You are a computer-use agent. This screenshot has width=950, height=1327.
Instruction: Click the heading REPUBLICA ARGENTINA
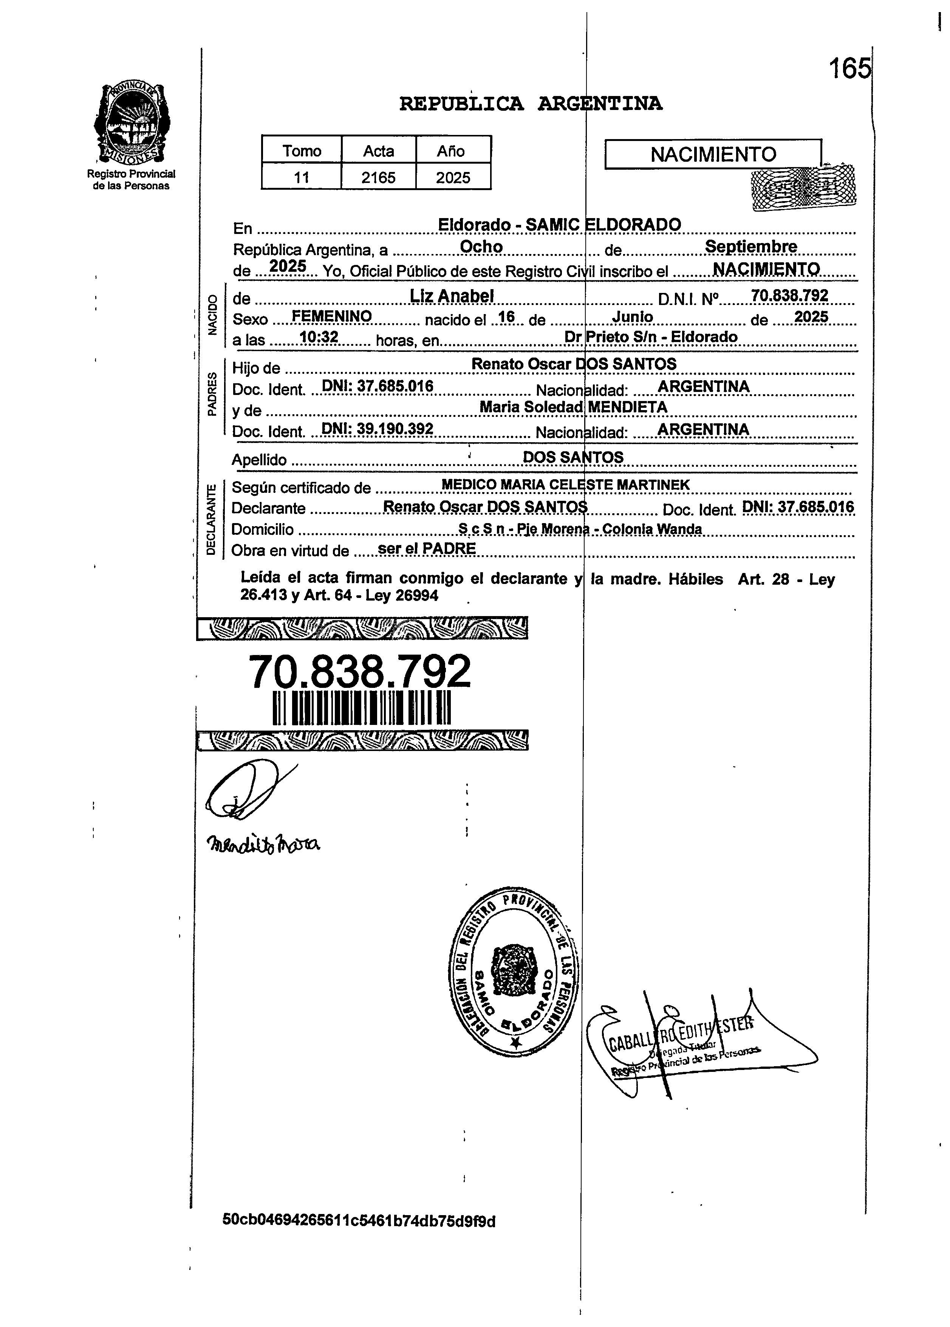tap(531, 104)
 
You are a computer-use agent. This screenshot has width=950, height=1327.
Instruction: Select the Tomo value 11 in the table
tap(301, 177)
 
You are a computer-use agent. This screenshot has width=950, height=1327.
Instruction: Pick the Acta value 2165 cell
tap(379, 177)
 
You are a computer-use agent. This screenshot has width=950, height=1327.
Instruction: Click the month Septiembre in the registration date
tap(750, 246)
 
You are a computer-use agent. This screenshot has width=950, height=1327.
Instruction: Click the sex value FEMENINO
tap(332, 317)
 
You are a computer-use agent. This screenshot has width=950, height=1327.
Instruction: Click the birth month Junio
tap(632, 317)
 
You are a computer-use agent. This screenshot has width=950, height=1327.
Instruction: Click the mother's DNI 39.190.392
tap(378, 429)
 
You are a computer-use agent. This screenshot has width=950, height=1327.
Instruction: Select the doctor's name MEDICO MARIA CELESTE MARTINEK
tap(565, 485)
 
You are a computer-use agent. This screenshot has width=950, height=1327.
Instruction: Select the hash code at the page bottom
tap(359, 1221)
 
